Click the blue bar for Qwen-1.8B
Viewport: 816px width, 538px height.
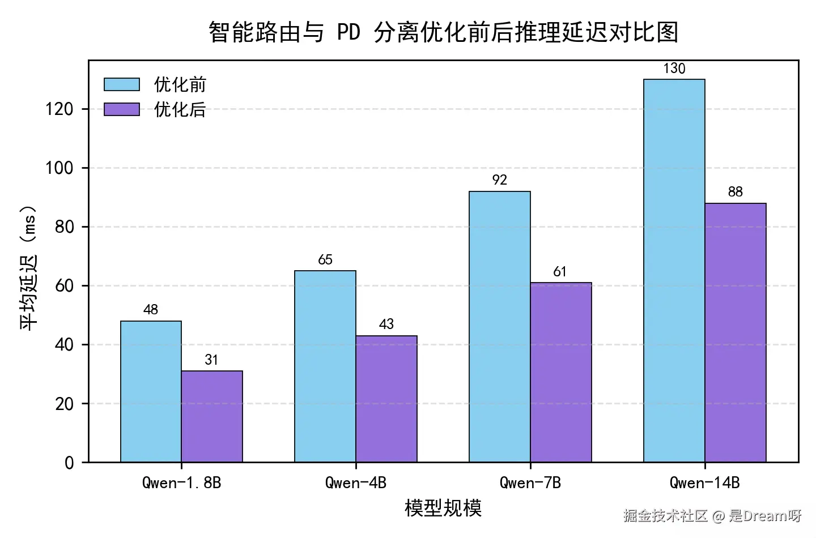[151, 391]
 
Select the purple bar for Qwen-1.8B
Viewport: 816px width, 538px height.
[212, 416]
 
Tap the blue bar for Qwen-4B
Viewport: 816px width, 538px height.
[325, 366]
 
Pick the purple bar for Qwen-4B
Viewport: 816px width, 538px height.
[386, 399]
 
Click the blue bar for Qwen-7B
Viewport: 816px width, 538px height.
[500, 327]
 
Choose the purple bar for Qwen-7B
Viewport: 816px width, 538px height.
[561, 372]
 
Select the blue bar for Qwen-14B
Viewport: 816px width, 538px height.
[674, 271]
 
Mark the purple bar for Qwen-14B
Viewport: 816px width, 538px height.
[736, 332]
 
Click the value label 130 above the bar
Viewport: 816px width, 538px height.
[674, 69]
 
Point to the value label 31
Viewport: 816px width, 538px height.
[211, 360]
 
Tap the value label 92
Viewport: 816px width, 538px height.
[500, 180]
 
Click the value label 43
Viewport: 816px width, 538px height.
[386, 324]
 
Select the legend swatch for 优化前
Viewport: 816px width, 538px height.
[122, 84]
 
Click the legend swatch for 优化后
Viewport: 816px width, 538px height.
[122, 109]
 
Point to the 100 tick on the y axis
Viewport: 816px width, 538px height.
[59, 168]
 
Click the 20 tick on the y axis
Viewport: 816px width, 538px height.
[65, 404]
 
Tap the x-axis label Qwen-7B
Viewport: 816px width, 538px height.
[530, 483]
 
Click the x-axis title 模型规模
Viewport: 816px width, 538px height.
[443, 508]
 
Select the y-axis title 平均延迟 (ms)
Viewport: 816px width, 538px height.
[29, 266]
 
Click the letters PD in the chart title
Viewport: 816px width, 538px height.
[348, 33]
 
